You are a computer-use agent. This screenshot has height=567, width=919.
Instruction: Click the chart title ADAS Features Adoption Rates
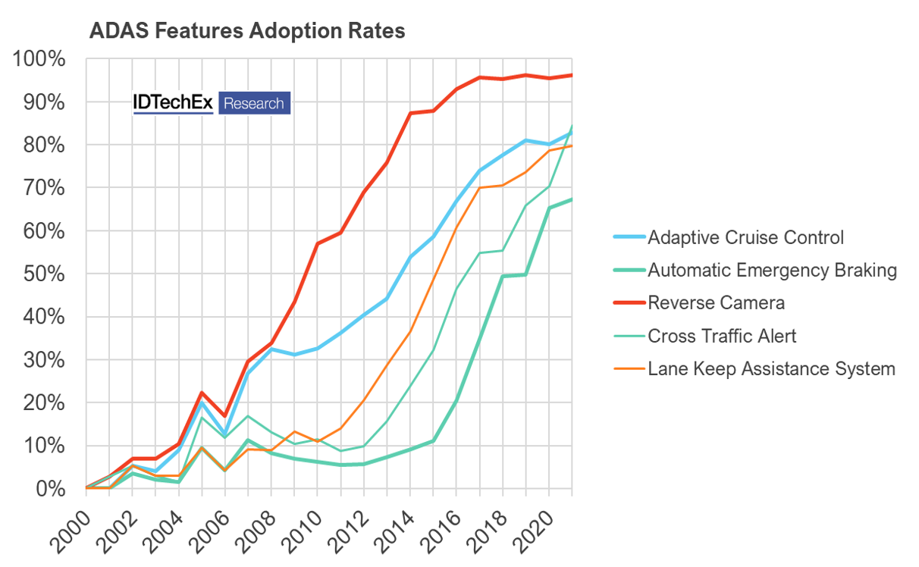coord(247,31)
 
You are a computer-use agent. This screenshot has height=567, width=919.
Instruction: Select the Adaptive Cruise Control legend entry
coord(745,237)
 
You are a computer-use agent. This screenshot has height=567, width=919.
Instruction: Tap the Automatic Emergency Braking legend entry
coord(772,270)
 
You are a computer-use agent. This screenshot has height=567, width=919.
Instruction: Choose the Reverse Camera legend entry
coord(716,303)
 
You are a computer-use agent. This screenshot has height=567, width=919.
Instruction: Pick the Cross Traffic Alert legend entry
coord(722,336)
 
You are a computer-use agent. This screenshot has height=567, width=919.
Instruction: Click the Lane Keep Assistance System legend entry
coord(771,369)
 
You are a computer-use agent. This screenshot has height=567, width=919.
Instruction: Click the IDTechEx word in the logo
coord(173,103)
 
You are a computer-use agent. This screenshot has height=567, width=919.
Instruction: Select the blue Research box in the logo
coord(254,103)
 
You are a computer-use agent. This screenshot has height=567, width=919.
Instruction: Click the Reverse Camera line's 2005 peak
coord(202,393)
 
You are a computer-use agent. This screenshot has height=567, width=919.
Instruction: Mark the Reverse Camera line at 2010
coord(318,243)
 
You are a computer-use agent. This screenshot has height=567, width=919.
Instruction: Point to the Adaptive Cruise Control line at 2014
coord(410,257)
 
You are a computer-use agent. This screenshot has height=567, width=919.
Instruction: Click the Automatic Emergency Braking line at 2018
coord(503,277)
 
